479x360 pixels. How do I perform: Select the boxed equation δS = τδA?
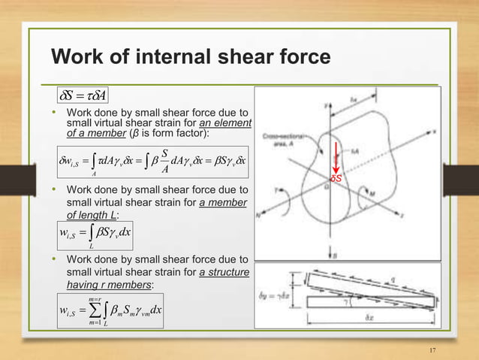pos(85,95)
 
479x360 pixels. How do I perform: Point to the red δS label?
pos(337,178)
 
